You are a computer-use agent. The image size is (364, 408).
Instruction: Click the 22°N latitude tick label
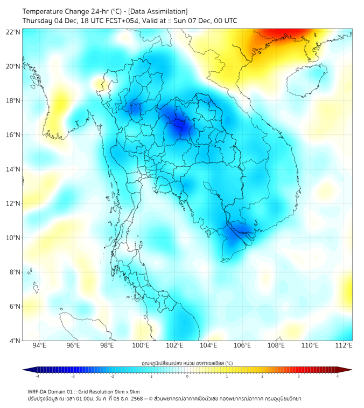[x=13, y=32]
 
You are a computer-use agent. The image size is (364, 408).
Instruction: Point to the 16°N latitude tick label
[x=13, y=135]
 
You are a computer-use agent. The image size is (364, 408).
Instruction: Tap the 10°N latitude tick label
[x=13, y=238]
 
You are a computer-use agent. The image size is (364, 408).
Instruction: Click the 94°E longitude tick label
[x=39, y=345]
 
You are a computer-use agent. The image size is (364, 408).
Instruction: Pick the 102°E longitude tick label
[x=174, y=345]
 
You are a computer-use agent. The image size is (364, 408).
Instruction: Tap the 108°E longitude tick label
[x=276, y=345]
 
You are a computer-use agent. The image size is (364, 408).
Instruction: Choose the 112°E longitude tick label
[x=344, y=345]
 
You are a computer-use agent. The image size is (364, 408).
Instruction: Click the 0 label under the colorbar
[x=187, y=376]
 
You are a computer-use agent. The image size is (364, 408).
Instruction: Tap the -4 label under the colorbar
[x=37, y=376]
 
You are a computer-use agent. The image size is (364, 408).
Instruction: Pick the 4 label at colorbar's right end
[x=338, y=376]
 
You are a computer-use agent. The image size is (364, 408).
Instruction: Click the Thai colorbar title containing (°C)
[x=187, y=363]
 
